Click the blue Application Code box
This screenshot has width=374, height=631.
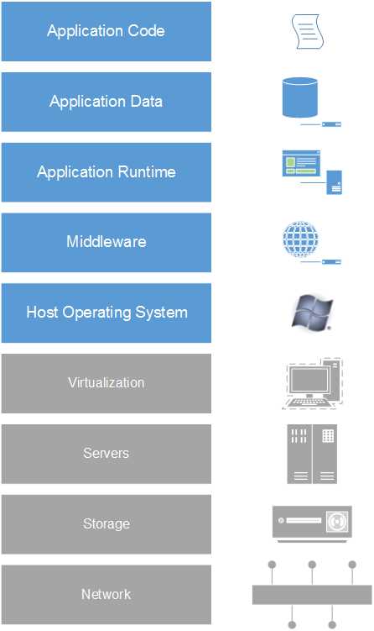point(106,31)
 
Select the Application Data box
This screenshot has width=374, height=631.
point(106,102)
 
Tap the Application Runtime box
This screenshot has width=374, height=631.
point(106,172)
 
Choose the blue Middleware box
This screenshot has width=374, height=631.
point(106,242)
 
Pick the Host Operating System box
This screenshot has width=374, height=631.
point(106,313)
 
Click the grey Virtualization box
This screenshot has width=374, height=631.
point(106,383)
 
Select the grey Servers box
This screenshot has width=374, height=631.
point(106,454)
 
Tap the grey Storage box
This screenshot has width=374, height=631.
point(106,524)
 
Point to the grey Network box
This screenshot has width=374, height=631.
point(106,594)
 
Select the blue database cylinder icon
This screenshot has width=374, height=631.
point(300,98)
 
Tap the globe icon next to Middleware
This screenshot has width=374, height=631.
point(301,238)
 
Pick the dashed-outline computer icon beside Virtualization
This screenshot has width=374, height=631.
point(312,384)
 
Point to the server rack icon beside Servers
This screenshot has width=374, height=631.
point(312,454)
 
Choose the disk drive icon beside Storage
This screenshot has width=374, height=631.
point(311,523)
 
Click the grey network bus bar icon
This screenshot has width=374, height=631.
point(311,595)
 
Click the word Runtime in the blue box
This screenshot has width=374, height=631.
point(148,172)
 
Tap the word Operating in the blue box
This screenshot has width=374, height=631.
point(106,313)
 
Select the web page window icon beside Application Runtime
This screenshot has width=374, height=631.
point(301,163)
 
